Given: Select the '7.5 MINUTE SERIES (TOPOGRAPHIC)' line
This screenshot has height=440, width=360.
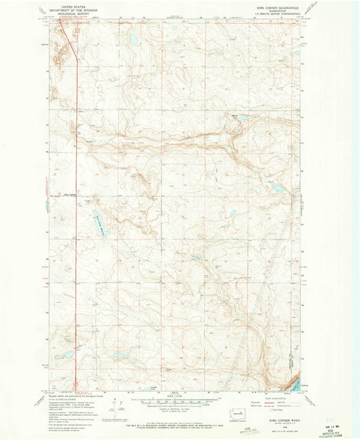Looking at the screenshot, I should [x=272, y=16].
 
